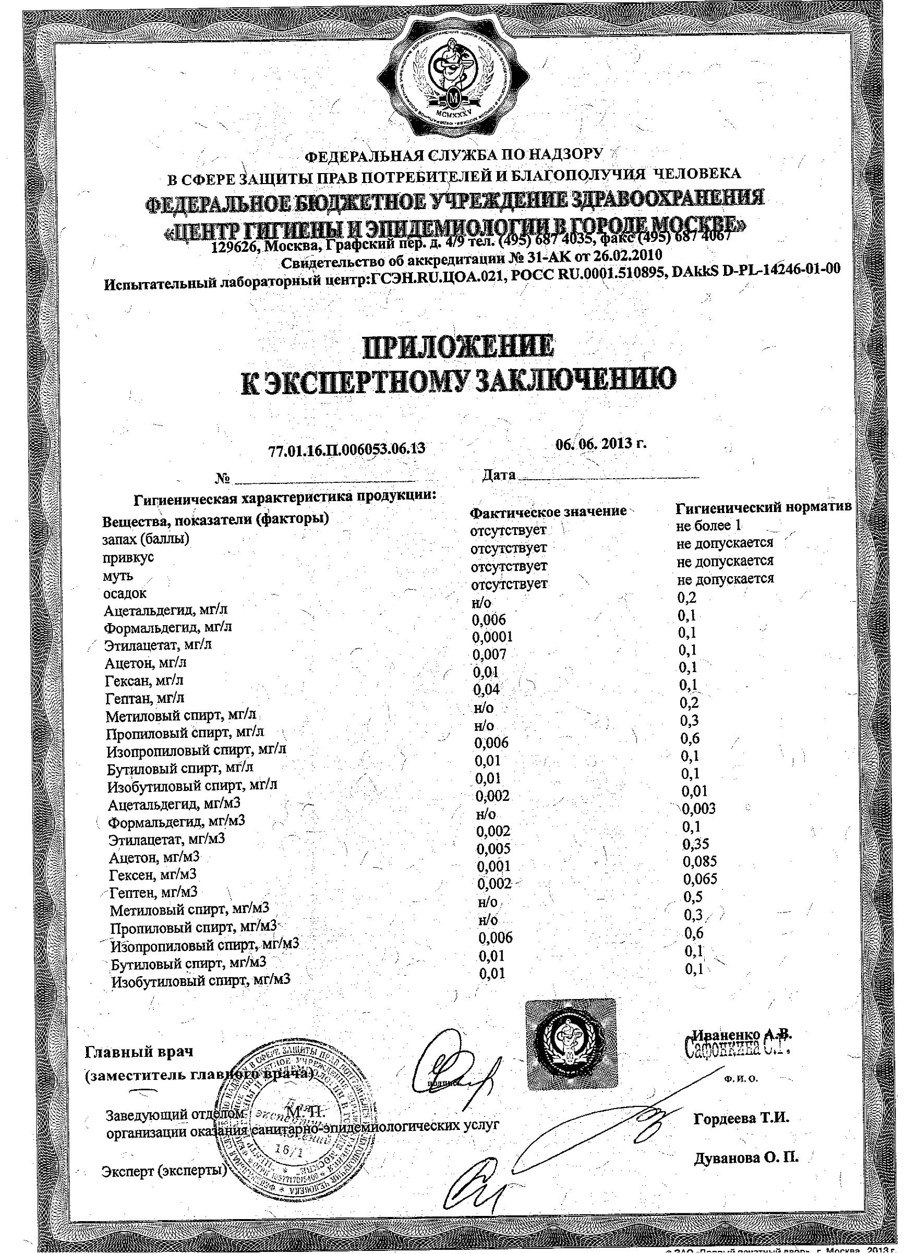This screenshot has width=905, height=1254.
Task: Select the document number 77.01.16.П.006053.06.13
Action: [347, 449]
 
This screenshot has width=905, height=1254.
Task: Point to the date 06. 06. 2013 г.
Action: [601, 444]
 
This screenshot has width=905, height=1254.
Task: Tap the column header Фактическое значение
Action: [548, 512]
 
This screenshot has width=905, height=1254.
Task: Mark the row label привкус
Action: [128, 557]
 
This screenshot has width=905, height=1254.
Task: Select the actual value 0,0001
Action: [492, 637]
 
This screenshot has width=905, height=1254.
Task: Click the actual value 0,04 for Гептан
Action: [487, 689]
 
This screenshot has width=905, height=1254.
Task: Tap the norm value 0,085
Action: [700, 861]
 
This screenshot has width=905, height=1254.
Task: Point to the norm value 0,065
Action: [700, 879]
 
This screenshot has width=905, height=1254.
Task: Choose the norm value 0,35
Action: [696, 844]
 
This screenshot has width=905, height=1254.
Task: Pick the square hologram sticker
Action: [570, 1044]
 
